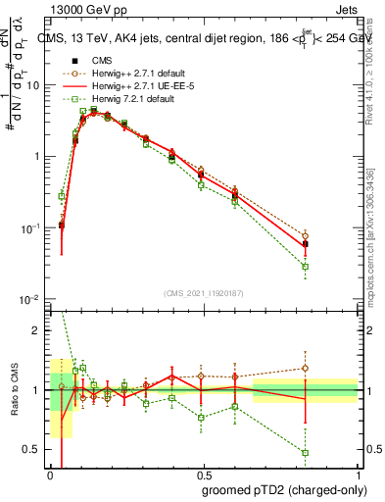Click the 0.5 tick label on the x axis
[x=203, y=472]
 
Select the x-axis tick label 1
[x=357, y=472]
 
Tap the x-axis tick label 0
[x=50, y=472]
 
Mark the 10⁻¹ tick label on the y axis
[x=31, y=227]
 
